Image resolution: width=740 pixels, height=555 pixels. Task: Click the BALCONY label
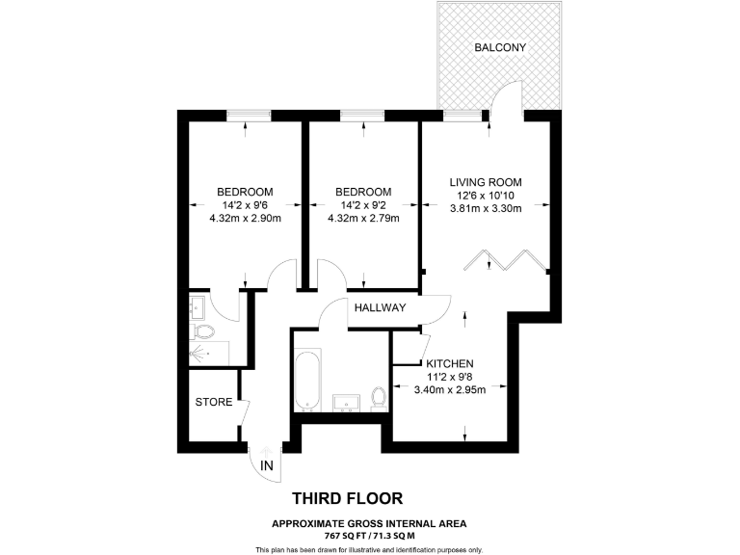(x=499, y=47)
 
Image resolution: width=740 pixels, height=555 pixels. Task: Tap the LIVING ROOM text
(x=486, y=181)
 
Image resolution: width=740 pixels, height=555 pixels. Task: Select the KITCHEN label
(x=449, y=363)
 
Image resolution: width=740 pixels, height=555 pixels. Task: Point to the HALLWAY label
(x=380, y=308)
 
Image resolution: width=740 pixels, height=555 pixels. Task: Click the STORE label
(x=213, y=402)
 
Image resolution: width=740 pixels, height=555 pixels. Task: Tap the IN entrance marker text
(x=266, y=466)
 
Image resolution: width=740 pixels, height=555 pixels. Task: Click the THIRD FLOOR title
(x=347, y=498)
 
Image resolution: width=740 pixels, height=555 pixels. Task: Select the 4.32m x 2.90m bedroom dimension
(x=245, y=219)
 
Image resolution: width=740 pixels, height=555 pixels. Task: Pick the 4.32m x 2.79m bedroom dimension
(x=363, y=219)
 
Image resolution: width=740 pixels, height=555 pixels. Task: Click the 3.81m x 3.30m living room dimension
(x=486, y=208)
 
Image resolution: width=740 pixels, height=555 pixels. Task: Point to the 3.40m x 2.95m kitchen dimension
(x=449, y=390)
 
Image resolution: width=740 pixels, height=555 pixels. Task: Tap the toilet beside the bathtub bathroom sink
(x=379, y=398)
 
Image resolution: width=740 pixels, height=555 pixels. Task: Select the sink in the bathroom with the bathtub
(x=344, y=401)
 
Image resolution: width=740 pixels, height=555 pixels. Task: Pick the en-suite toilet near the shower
(x=203, y=331)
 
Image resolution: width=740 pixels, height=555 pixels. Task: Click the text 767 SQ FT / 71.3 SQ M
(x=369, y=536)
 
